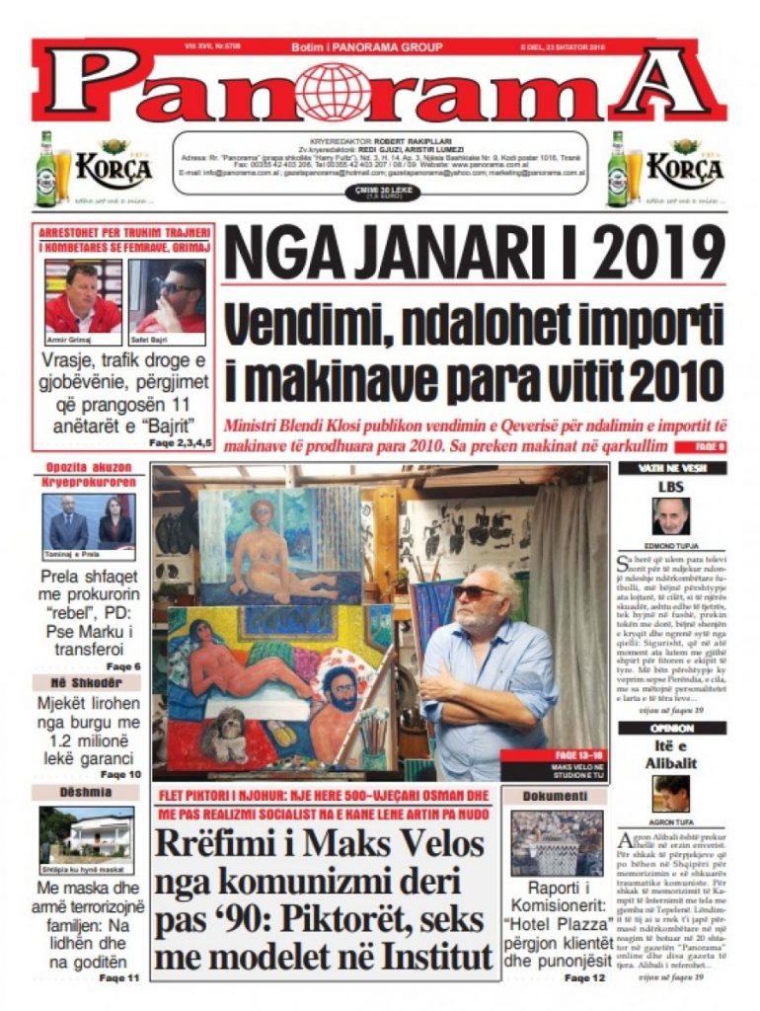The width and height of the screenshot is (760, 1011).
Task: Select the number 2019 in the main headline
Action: pos(659,254)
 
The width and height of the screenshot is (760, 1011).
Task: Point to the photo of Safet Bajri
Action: pos(167,298)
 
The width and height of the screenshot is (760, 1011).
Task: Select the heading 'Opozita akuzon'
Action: pos(88,468)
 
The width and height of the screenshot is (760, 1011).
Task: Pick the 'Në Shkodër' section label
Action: pos(88,682)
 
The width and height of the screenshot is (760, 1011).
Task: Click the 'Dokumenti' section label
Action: pos(556,794)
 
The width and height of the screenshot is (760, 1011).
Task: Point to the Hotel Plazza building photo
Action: pos(556,843)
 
